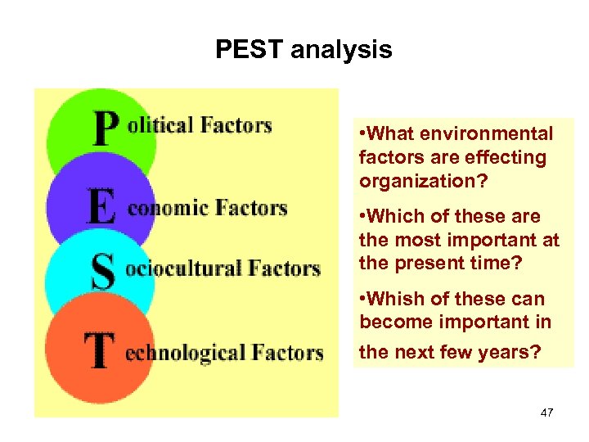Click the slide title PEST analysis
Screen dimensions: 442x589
[303, 50]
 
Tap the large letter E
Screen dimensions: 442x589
[101, 207]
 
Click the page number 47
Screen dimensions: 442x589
[546, 413]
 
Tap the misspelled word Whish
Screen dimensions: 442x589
[397, 299]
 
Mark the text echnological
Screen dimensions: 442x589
[187, 353]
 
